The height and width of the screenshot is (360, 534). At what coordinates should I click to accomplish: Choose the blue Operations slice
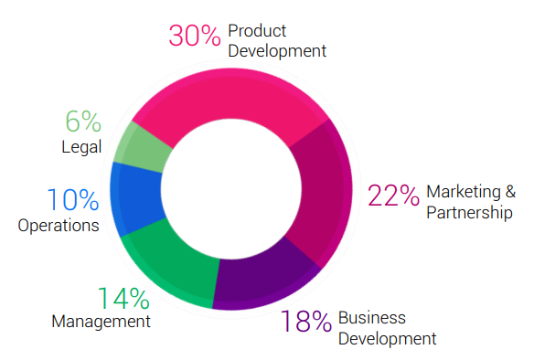click(136, 197)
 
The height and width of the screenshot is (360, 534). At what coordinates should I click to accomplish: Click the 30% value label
click(195, 36)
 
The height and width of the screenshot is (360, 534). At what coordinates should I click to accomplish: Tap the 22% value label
click(393, 196)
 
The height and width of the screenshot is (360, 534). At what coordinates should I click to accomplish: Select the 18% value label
click(305, 321)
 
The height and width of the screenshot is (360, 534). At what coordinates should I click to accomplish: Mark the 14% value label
click(123, 299)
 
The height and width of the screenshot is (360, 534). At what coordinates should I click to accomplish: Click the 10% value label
click(73, 199)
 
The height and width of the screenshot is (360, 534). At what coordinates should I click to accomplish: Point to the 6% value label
click(83, 121)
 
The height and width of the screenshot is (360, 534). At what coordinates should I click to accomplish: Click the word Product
click(257, 31)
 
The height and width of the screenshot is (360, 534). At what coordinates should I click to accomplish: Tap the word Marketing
click(464, 192)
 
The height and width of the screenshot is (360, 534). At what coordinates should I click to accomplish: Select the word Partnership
click(469, 213)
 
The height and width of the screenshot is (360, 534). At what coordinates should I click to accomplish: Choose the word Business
click(372, 318)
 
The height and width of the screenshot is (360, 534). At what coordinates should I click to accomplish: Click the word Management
click(101, 322)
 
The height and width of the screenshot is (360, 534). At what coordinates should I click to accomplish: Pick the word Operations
click(59, 226)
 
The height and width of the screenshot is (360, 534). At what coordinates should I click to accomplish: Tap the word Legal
click(81, 147)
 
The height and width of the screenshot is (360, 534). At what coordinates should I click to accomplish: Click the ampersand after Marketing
click(510, 192)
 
